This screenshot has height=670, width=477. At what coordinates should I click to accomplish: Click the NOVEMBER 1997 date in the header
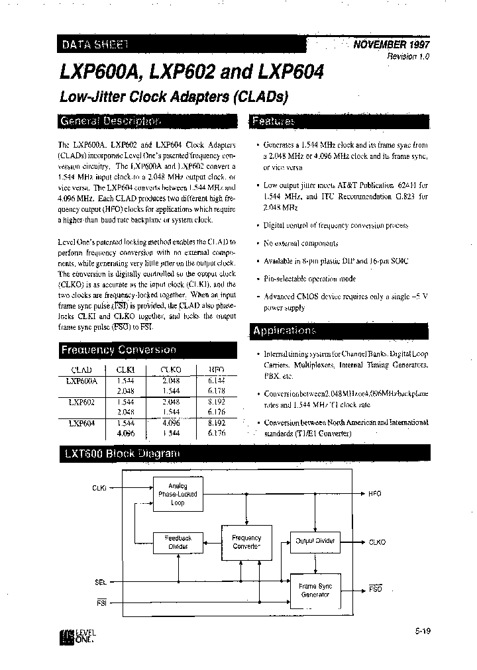(x=392, y=45)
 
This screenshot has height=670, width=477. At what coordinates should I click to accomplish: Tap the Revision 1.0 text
(x=409, y=57)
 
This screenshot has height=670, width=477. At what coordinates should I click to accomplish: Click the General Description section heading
(x=110, y=122)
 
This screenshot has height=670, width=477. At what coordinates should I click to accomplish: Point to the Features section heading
(x=274, y=122)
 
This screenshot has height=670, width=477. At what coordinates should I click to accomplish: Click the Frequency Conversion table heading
(x=119, y=350)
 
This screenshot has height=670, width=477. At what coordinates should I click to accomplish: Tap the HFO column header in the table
(x=216, y=369)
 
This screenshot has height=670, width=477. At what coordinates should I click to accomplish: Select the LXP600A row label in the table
(x=82, y=381)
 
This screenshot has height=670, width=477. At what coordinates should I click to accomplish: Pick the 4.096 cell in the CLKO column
(x=170, y=422)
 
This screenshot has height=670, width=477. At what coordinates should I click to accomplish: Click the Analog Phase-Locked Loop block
(x=178, y=495)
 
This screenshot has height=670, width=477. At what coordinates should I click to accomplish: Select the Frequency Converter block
(x=247, y=542)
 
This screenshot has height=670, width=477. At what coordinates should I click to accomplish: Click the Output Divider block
(x=315, y=541)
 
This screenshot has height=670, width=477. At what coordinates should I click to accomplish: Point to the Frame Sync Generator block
(x=315, y=590)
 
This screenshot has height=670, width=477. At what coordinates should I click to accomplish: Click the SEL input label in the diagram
(x=101, y=583)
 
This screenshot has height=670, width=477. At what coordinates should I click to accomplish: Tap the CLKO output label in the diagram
(x=378, y=542)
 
